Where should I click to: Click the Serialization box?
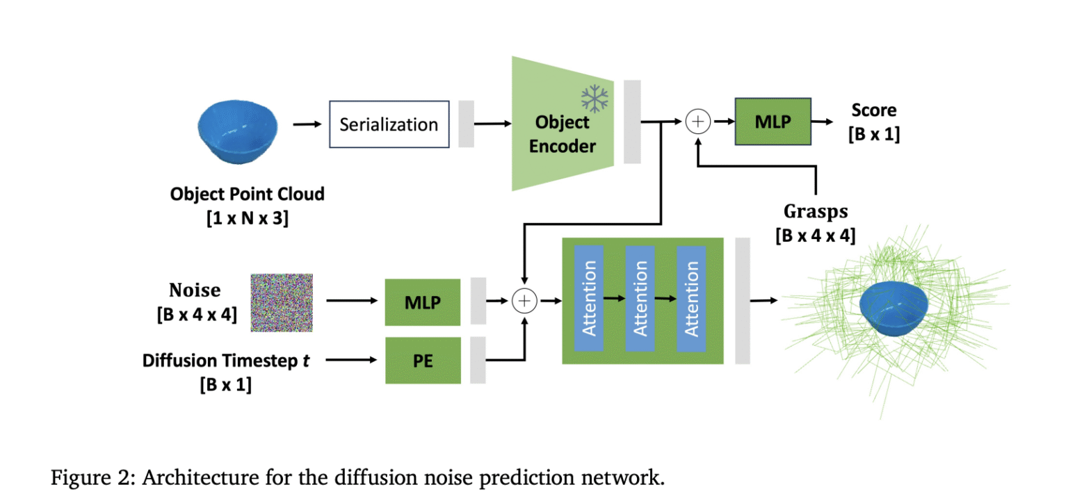pos(389,125)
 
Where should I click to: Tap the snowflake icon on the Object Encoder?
pos(594,99)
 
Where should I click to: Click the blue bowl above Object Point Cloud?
pos(238,129)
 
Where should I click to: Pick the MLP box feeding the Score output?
pos(772,122)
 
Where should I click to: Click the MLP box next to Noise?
pos(423,302)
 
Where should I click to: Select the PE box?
pos(423,360)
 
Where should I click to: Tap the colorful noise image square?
pos(282,302)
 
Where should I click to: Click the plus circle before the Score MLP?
pos(697,122)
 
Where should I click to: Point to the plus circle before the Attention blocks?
pos(524,301)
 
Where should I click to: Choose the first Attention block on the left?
pos(589,299)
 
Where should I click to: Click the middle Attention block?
pos(640,299)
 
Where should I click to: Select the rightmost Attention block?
pos(691,299)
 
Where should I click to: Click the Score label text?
pos(874,110)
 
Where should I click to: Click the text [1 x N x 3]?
pos(248,217)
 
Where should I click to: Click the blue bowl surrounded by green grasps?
pos(893,309)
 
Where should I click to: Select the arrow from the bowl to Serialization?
pos(307,125)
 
